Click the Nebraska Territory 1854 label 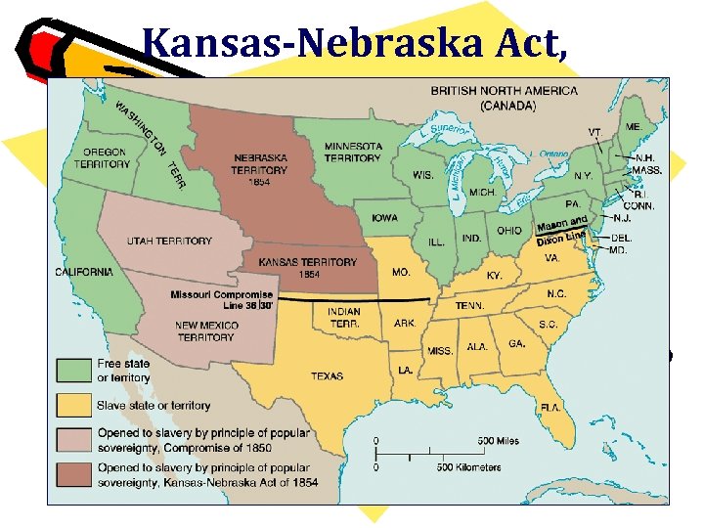point(259,168)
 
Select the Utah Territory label point(169,241)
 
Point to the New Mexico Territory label point(205,330)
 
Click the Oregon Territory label point(105,158)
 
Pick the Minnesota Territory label point(352,153)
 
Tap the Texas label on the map point(327,375)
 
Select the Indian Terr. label point(336,317)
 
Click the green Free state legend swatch point(71,370)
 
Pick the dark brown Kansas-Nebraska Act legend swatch point(71,476)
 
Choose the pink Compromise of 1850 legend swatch point(71,439)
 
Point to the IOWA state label point(384,217)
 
